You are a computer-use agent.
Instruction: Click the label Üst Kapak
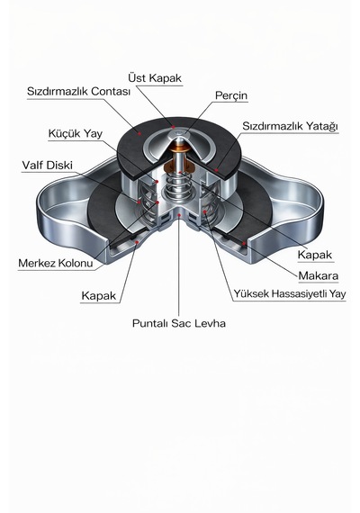[155, 78]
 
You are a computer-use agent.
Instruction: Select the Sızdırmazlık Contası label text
[78, 91]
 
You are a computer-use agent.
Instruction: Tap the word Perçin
[231, 96]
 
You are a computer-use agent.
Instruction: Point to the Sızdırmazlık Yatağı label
[290, 126]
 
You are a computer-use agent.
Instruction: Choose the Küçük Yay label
[76, 133]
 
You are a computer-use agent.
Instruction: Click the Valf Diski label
[47, 166]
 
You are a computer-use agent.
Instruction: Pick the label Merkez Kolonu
[56, 263]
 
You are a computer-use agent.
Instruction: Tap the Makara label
[318, 276]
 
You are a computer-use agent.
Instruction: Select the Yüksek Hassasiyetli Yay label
[290, 293]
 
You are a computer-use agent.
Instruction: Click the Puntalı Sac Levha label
[179, 323]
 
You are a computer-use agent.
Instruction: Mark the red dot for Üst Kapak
[173, 127]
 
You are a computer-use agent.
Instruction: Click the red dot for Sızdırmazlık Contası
[139, 133]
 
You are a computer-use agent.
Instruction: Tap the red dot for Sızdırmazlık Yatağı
[216, 170]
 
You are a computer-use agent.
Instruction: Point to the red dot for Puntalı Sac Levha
[179, 215]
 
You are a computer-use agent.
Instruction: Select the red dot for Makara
[244, 243]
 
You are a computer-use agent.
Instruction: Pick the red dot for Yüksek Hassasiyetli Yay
[205, 212]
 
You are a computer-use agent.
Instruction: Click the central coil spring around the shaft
[179, 185]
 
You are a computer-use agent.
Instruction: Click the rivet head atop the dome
[179, 133]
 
